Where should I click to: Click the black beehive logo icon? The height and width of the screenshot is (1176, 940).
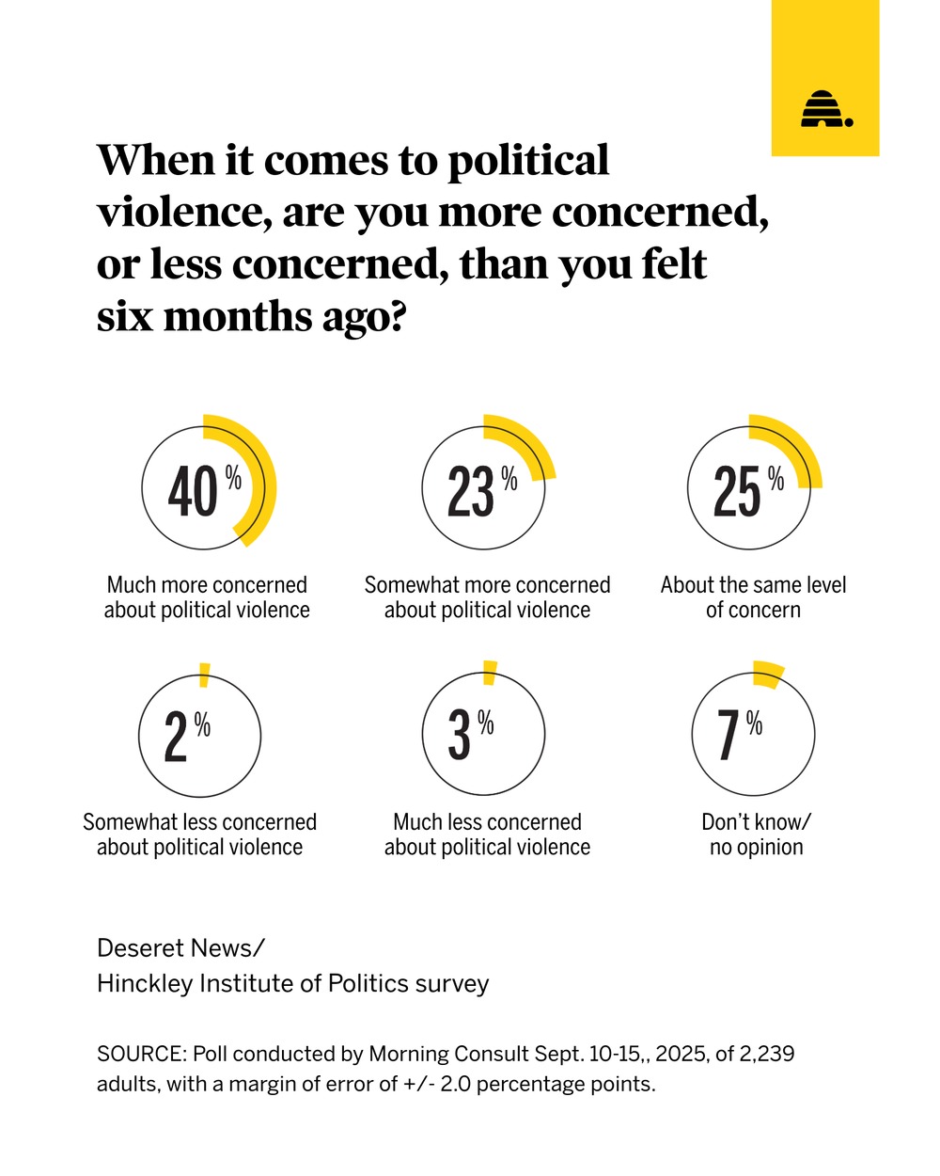tap(825, 110)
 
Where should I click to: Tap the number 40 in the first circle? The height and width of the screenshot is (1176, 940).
tap(193, 491)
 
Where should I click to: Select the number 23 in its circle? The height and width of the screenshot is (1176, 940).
tap(471, 491)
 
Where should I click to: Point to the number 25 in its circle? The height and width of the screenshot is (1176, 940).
tap(737, 491)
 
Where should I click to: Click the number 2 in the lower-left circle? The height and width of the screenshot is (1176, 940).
tap(176, 736)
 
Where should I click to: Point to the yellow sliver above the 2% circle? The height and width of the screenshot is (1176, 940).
tap(204, 675)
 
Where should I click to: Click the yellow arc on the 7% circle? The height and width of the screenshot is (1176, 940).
tap(769, 674)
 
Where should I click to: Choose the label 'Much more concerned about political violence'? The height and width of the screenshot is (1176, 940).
tap(207, 597)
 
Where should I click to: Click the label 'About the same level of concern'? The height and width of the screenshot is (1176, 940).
tap(753, 597)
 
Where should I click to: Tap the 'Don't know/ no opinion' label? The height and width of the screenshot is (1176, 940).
tap(756, 834)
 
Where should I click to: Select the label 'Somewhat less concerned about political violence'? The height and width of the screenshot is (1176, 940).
tap(199, 834)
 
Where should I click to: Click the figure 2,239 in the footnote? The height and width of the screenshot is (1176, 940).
tap(766, 1054)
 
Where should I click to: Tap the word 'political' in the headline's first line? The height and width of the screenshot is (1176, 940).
tap(527, 162)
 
